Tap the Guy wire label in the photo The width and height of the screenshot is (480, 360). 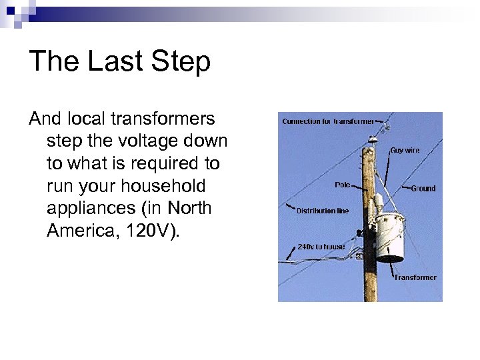tap(405, 151)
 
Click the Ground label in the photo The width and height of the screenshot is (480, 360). tap(423, 189)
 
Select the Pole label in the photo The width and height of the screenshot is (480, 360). tap(343, 185)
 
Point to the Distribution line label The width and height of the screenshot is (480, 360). tap(323, 211)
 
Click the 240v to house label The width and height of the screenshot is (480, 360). tap(321, 246)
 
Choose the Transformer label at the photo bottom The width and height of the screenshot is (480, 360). tap(415, 277)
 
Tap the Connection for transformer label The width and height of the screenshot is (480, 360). tap(327, 121)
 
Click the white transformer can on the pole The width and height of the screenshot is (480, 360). tap(391, 237)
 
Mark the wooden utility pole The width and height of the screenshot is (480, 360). tap(369, 267)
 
